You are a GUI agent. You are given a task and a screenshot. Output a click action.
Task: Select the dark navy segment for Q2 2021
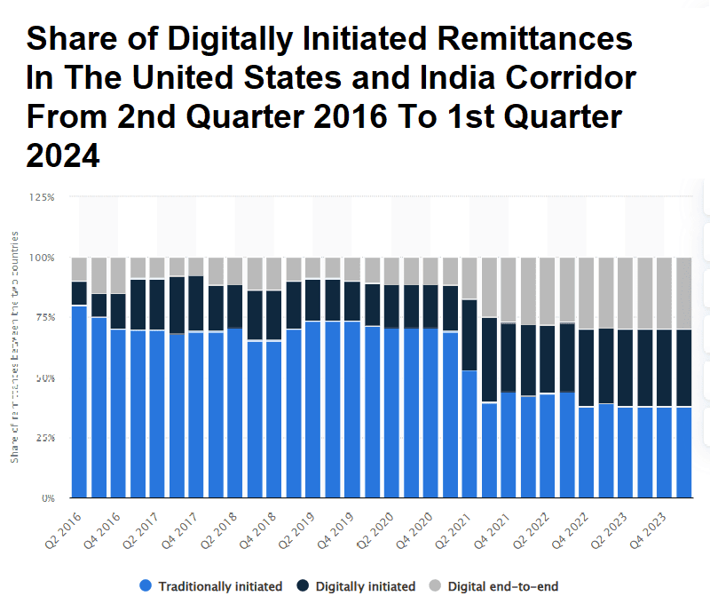469,335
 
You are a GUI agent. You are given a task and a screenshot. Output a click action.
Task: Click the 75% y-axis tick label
45,317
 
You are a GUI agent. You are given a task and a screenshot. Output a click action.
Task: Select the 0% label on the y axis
48,498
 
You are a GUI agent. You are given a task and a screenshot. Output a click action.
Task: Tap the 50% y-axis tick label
45,377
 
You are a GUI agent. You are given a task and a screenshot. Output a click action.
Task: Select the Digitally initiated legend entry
365,586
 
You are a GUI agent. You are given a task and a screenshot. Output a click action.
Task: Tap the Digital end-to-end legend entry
502,586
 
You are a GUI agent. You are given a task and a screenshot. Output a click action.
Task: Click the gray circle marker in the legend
435,586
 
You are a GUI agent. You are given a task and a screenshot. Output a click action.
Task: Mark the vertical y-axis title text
15,346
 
